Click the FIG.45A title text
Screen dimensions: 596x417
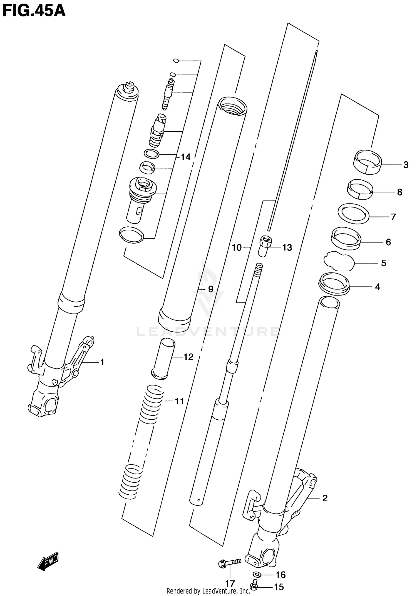[34, 11]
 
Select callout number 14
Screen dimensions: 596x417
[185, 157]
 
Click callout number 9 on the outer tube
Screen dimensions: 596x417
[211, 289]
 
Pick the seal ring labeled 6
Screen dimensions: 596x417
[346, 237]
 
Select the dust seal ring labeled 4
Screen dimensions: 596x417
[334, 284]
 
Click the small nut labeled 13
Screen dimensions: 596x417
[265, 246]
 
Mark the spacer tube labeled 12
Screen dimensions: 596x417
[163, 359]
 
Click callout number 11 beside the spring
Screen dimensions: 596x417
[179, 401]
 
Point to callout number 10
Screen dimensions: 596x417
[237, 247]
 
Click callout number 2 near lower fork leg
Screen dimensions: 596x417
[325, 498]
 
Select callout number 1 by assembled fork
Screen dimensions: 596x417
[102, 362]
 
